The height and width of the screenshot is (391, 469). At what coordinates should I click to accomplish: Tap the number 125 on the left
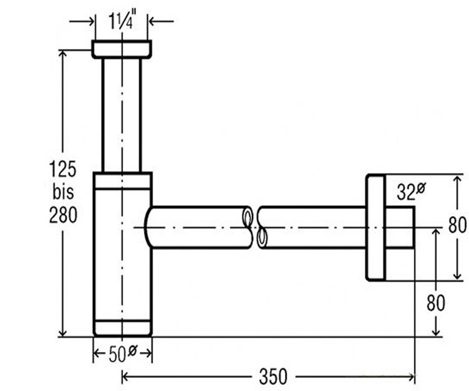click(x=63, y=169)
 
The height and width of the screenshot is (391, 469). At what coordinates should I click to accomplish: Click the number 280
click(x=63, y=215)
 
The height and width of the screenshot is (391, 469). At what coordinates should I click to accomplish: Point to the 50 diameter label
click(x=123, y=353)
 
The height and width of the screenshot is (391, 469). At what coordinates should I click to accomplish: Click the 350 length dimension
click(x=273, y=376)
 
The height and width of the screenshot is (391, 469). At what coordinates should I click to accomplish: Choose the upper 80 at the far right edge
click(x=457, y=225)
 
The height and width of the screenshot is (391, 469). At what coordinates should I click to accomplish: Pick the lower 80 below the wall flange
click(x=436, y=303)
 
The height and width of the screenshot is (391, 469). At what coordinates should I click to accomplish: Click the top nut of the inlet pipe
click(x=122, y=49)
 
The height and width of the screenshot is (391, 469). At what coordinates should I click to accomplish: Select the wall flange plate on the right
click(x=375, y=227)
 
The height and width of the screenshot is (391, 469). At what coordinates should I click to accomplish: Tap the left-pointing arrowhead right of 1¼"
click(x=152, y=22)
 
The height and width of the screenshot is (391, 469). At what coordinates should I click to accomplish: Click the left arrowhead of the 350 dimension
click(x=125, y=377)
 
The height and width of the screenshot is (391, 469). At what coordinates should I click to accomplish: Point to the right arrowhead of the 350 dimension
click(x=412, y=377)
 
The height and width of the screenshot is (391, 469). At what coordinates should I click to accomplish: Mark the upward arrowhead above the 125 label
click(x=63, y=54)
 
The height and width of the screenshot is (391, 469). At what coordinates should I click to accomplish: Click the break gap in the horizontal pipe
click(x=255, y=227)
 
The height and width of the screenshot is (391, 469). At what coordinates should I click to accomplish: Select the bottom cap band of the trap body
click(x=123, y=328)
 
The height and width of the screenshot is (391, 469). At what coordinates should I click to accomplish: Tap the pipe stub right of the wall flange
click(x=400, y=227)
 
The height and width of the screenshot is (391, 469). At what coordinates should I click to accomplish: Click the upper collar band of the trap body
click(x=123, y=180)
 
